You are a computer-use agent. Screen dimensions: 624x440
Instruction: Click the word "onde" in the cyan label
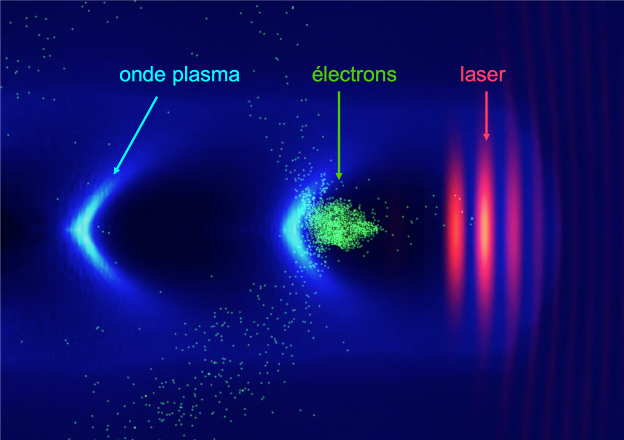[142, 75]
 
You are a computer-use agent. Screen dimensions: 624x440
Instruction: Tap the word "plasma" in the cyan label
[206, 76]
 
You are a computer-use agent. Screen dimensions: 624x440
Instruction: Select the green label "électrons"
[354, 74]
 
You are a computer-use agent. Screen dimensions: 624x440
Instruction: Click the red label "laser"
[483, 74]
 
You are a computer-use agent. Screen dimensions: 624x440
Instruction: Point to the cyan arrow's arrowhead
[116, 170]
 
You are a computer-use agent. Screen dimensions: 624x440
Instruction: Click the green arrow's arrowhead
[339, 176]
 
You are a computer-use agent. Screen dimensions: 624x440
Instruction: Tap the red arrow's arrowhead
[486, 137]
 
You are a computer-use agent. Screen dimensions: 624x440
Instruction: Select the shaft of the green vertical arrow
[339, 132]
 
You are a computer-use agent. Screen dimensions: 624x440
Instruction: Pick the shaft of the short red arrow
[486, 112]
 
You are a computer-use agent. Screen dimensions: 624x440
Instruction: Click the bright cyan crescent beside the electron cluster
[292, 230]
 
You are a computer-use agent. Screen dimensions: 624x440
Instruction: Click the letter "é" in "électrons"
[318, 74]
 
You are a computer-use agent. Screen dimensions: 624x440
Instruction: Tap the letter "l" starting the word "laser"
[462, 74]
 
